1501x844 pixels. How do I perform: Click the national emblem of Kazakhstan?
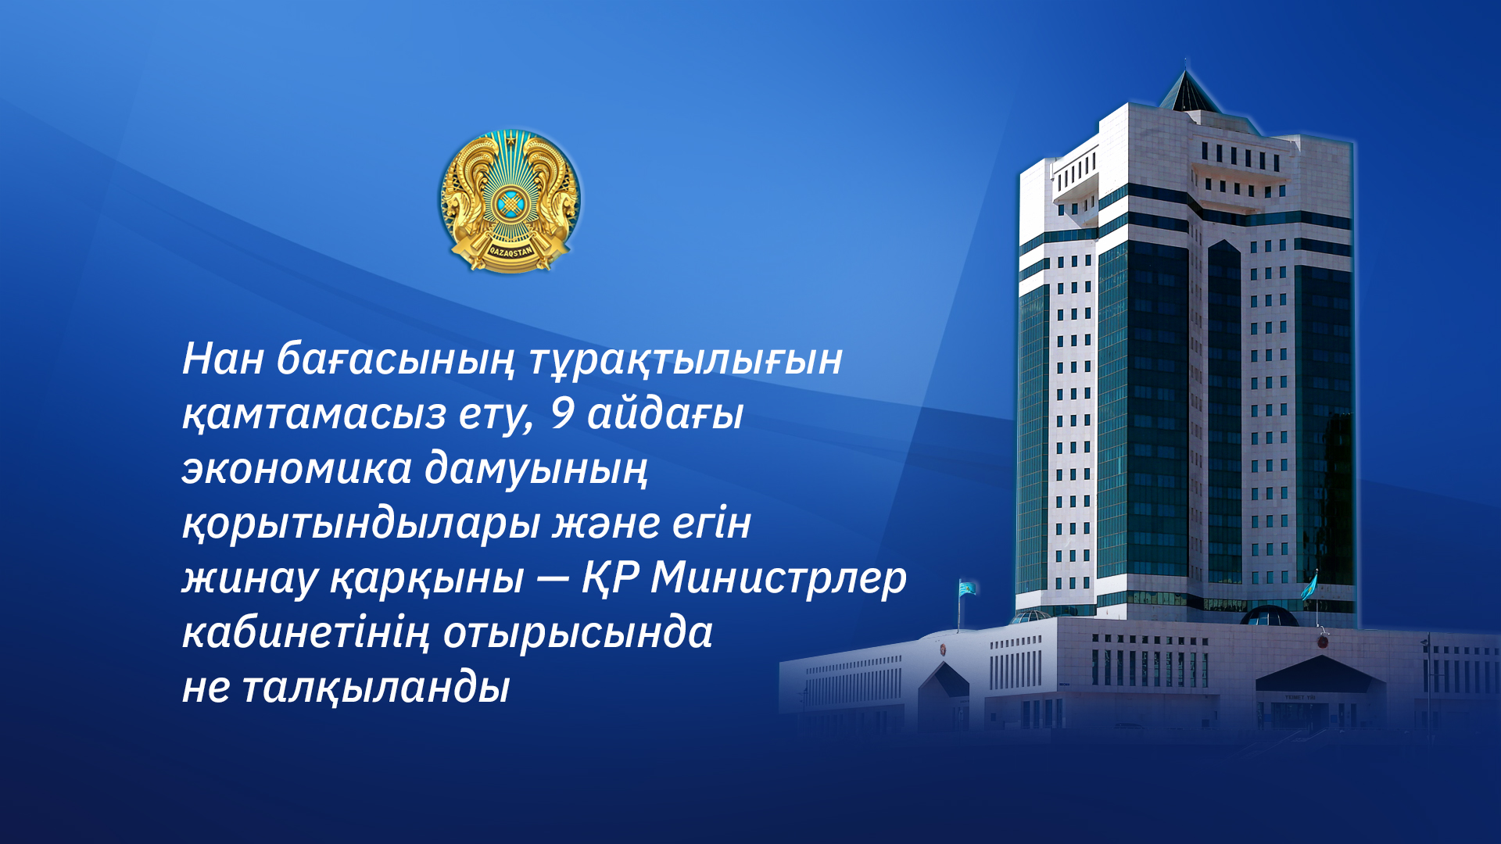(510, 201)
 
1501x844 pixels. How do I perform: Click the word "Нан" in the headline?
(222, 359)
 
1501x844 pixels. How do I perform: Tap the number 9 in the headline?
(562, 414)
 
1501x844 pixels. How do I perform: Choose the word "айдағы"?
(665, 414)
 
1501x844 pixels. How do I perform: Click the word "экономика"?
(296, 470)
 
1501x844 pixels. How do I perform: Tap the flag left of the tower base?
(967, 587)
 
